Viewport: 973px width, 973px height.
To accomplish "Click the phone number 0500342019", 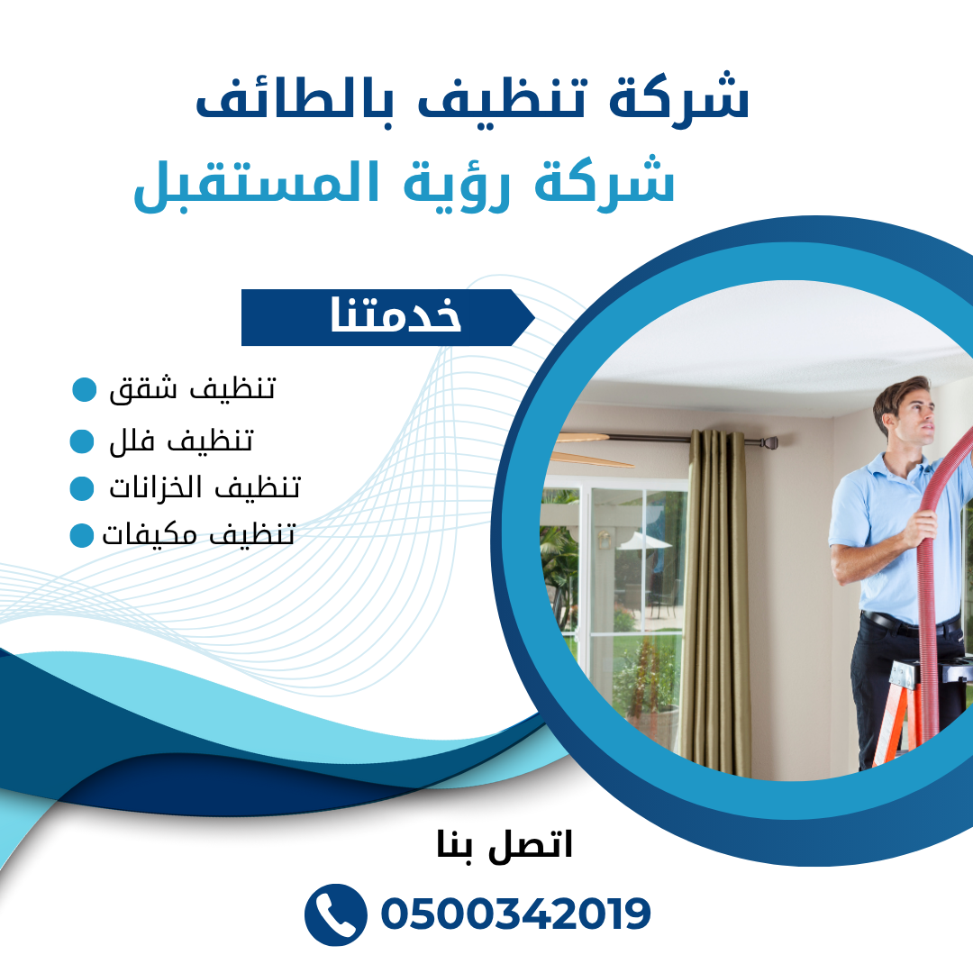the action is click(515, 914).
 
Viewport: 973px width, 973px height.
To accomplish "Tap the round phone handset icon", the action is click(336, 914).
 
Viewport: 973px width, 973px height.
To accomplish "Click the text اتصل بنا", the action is click(504, 844).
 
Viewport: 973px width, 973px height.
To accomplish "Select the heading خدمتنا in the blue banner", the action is click(396, 314).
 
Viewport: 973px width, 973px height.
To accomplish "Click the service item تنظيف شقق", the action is click(192, 389).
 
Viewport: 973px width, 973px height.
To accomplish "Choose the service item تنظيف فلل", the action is click(181, 441).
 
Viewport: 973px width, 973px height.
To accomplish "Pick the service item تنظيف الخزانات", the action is click(205, 487).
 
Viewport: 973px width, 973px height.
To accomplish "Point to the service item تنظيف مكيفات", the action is click(198, 534).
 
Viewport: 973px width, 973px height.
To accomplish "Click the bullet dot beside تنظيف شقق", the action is click(85, 389).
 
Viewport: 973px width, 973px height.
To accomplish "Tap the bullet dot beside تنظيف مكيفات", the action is click(82, 535).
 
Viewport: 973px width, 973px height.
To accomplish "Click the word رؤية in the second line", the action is click(456, 185).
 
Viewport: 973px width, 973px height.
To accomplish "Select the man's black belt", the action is click(907, 623).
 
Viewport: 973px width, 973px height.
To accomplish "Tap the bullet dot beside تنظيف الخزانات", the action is click(82, 488).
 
